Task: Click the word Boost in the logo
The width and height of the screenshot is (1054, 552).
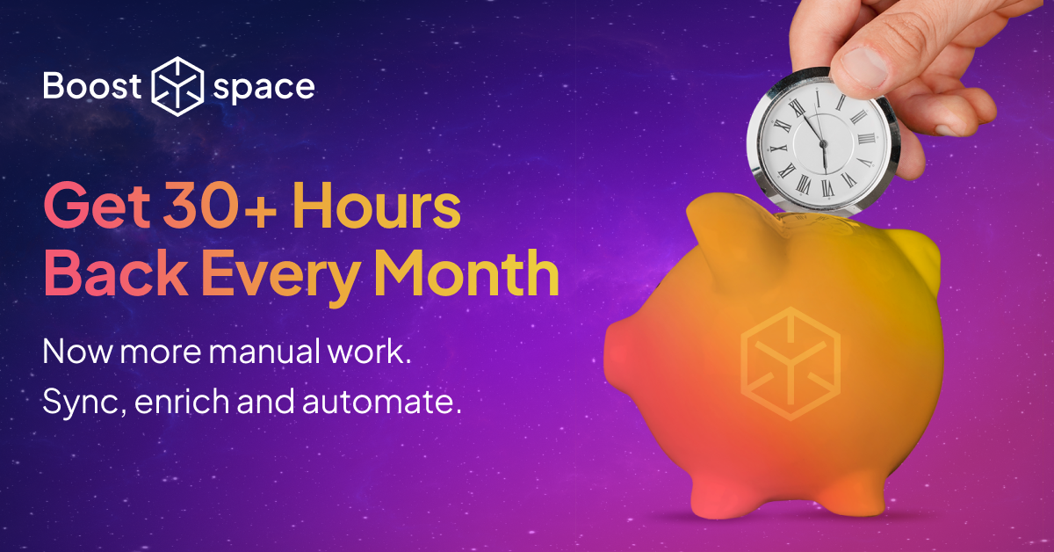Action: [93, 86]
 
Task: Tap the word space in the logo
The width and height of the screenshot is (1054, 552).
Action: [263, 87]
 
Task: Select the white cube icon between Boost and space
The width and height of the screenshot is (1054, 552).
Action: [178, 86]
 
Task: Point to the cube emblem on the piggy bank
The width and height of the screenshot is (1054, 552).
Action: [790, 362]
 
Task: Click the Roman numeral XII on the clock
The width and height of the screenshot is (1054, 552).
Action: [819, 96]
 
